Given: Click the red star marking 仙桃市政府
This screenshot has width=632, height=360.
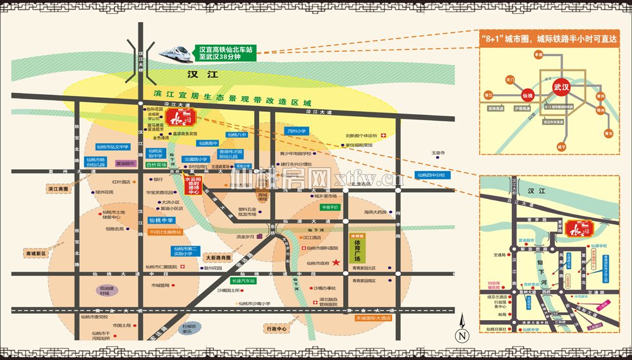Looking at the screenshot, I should [336, 262].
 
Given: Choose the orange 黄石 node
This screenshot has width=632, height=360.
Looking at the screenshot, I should [608, 133].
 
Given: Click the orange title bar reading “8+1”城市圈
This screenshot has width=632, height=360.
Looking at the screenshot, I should [549, 38].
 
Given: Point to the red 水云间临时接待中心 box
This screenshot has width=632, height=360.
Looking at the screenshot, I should [192, 186].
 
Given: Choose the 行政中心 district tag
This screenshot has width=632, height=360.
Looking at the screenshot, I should [277, 329].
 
